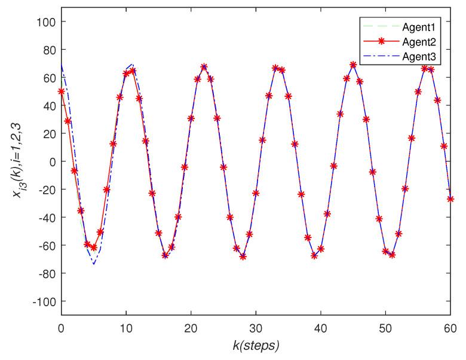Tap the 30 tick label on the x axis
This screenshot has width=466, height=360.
(x=256, y=327)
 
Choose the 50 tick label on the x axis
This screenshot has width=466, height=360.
(x=385, y=327)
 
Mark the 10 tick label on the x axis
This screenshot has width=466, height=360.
(x=126, y=327)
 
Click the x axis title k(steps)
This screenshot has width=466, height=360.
(x=256, y=345)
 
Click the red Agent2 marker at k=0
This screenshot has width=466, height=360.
(x=61, y=91)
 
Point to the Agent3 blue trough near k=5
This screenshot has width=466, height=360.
(x=93, y=264)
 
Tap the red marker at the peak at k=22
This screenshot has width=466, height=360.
(x=204, y=67)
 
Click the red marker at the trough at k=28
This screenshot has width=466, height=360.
(x=243, y=257)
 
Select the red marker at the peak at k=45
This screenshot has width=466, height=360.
(x=353, y=65)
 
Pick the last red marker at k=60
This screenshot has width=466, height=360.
(x=450, y=199)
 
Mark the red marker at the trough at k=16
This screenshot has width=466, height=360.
(x=165, y=255)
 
